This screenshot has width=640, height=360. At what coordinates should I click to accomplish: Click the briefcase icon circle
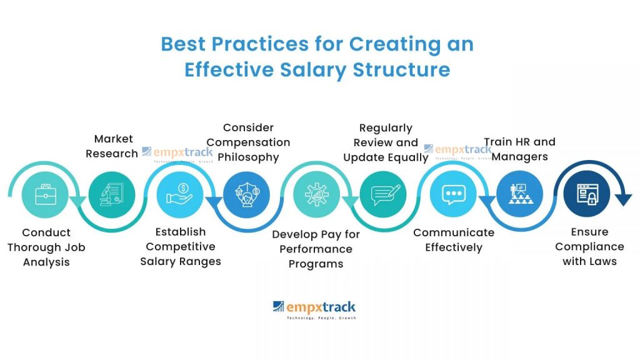[x=45, y=195]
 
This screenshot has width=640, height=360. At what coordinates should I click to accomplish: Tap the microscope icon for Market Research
[x=112, y=195]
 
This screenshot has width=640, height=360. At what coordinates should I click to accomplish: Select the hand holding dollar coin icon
[x=179, y=194]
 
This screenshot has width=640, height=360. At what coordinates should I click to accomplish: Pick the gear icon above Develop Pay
[x=316, y=194]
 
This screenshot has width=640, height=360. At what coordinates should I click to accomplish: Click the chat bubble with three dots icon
[x=453, y=194]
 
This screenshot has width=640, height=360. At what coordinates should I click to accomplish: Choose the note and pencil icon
[x=383, y=194]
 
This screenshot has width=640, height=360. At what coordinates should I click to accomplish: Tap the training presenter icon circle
[x=519, y=194]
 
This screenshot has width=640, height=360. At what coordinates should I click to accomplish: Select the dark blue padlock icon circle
[x=587, y=194]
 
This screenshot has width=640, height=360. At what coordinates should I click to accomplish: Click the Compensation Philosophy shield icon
[x=246, y=195]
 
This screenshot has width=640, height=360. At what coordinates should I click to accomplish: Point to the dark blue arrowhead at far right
[x=623, y=200]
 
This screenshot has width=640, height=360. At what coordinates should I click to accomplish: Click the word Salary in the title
[x=313, y=70]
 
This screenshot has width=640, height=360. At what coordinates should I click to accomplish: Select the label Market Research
[x=111, y=146]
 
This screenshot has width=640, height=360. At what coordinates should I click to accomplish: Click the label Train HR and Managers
[x=519, y=149]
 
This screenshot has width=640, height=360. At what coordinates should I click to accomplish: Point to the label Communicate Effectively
[x=454, y=240]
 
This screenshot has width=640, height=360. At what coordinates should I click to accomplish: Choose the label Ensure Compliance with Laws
[x=589, y=246]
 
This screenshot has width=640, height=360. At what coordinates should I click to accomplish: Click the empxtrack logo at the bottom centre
[x=315, y=310]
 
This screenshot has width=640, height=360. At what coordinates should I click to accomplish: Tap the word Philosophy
[x=248, y=157]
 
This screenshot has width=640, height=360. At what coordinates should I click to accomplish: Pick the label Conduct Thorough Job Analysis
[x=46, y=247]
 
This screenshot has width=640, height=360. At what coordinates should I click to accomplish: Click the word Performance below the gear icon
[x=316, y=249]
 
